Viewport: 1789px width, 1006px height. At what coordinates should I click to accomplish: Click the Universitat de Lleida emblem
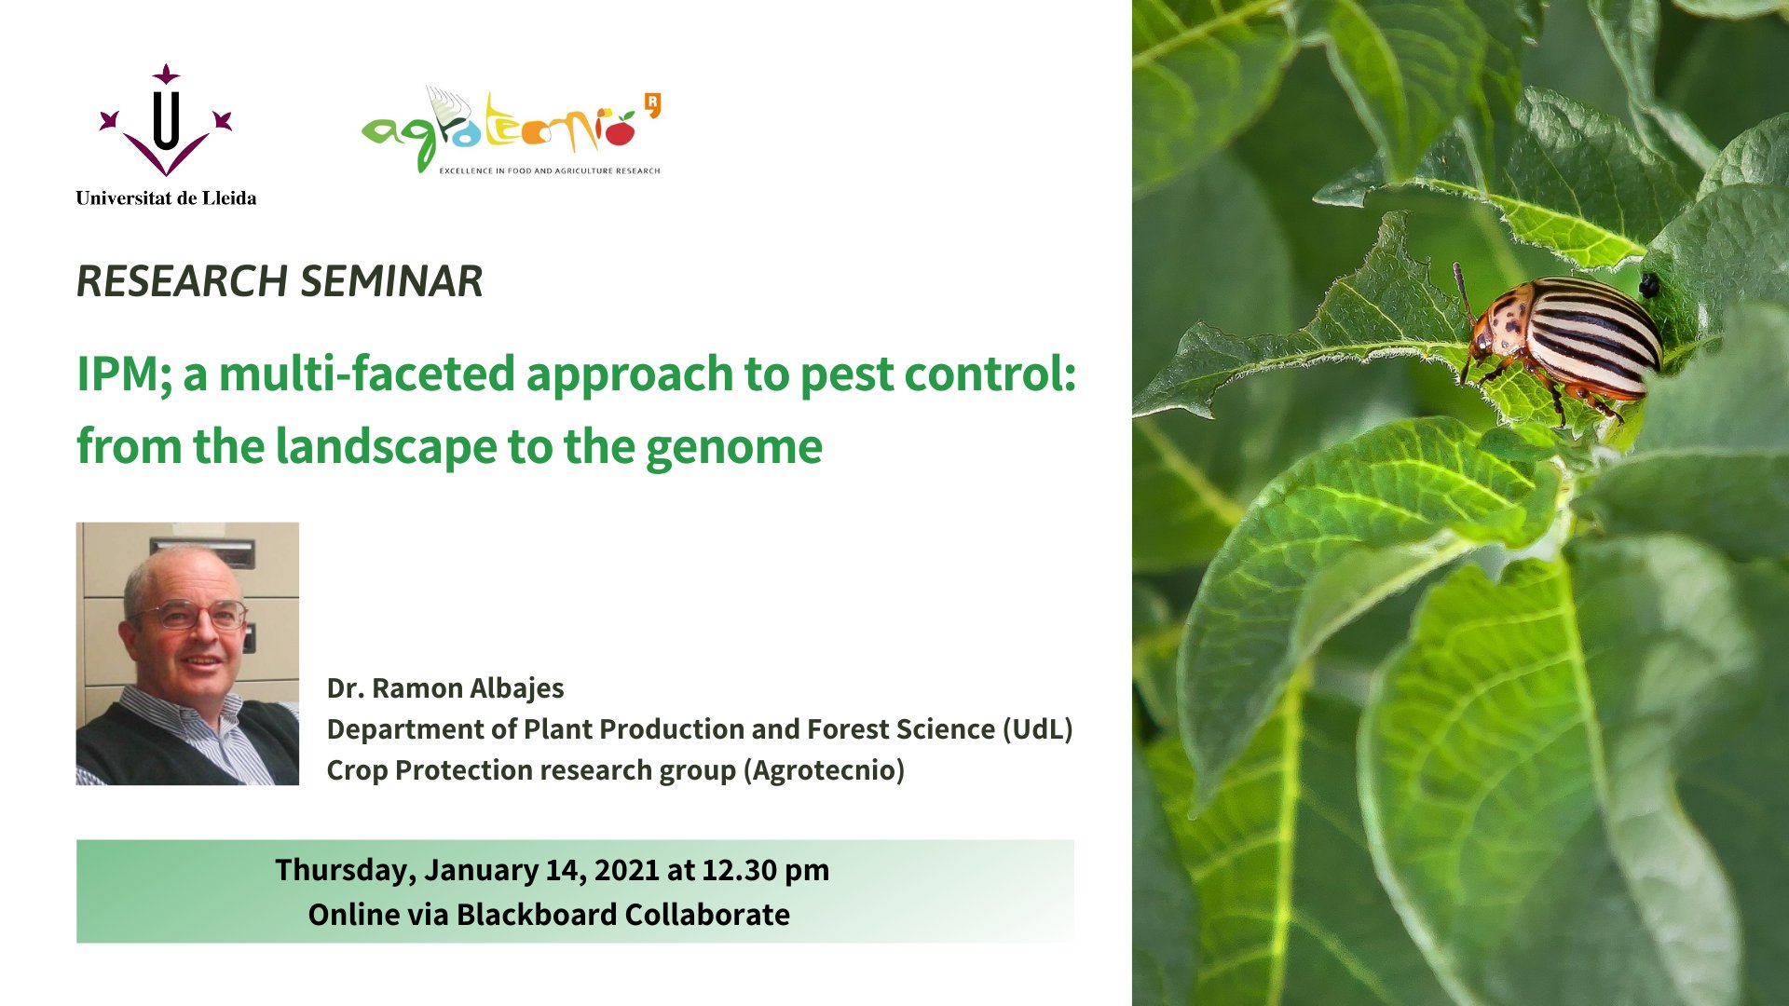[166, 121]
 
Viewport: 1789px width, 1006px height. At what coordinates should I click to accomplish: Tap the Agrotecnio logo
[512, 130]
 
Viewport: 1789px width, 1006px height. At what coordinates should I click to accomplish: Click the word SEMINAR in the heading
[391, 281]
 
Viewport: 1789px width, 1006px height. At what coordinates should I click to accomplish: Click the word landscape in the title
[387, 447]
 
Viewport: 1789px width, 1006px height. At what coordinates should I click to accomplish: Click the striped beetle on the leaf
[1562, 341]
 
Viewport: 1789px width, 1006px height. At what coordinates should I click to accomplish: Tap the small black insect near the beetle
[1648, 284]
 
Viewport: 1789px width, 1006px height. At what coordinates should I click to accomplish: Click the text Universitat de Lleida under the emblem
[166, 197]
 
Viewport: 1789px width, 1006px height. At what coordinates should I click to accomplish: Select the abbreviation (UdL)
[1037, 729]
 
